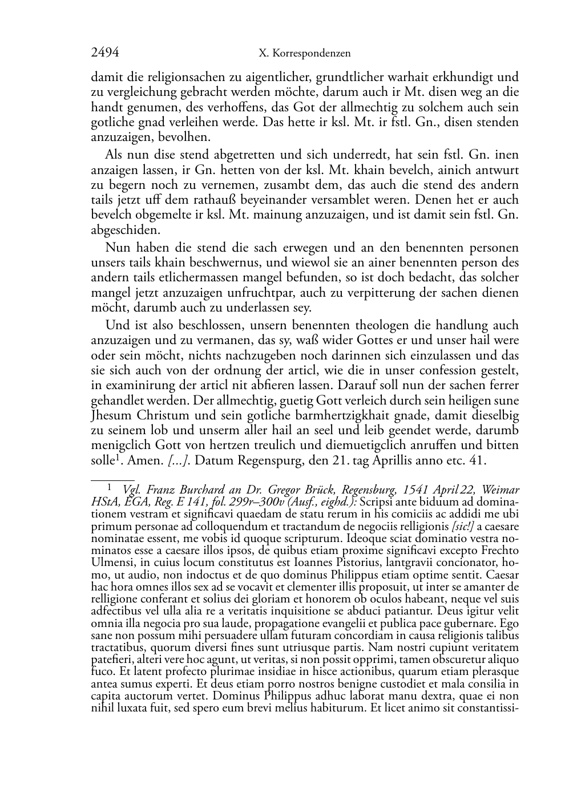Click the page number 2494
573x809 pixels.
(105, 53)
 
